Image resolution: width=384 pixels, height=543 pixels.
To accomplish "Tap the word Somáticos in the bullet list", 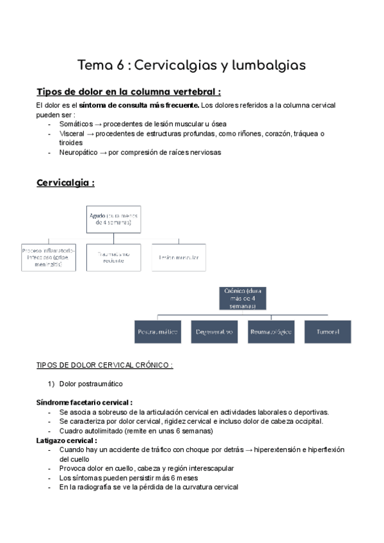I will (76, 124).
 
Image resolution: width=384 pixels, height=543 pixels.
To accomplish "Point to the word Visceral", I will (72, 133).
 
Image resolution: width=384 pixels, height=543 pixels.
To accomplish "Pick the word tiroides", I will (71, 143).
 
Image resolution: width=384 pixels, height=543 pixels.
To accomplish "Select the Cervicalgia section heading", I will (66, 182).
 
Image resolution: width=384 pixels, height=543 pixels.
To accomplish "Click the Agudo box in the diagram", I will (114, 220).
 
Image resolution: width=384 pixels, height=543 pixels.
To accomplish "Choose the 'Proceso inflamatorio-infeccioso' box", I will (49, 257).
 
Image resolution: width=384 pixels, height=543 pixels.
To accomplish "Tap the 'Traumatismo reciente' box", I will (114, 257).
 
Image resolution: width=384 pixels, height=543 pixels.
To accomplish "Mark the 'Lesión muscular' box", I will (179, 257).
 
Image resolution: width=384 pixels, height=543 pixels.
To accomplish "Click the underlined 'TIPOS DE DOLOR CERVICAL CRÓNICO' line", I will (104, 365).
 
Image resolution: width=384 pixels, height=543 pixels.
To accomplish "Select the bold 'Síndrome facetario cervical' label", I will (84, 402).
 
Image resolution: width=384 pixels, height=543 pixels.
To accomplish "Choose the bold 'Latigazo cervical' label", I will (67, 441).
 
